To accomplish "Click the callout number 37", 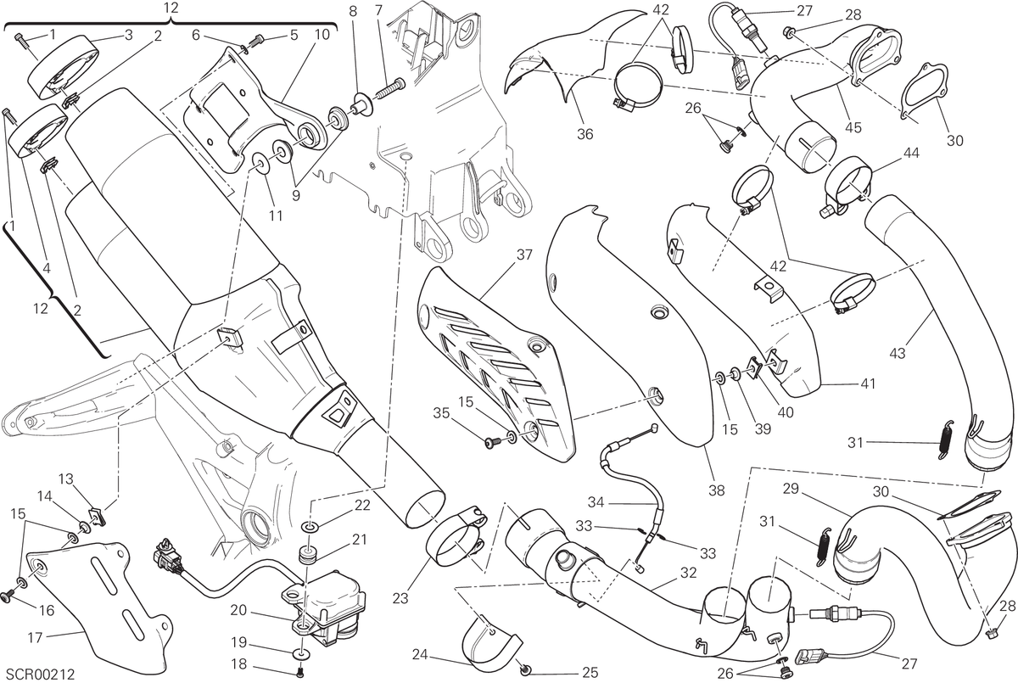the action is [524, 255].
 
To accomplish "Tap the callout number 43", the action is [898, 353].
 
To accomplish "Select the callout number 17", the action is [35, 638].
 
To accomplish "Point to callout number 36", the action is [585, 134].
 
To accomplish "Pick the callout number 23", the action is [400, 598].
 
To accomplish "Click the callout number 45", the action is [853, 128].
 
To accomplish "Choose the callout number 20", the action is [238, 610].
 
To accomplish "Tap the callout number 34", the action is [596, 502].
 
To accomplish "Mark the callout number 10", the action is [322, 35].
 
